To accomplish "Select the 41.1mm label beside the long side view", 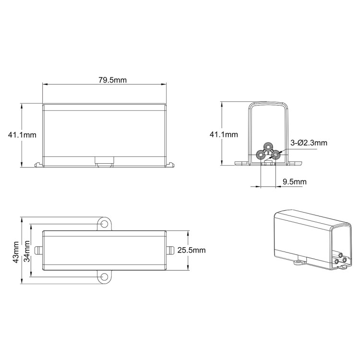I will [22, 135].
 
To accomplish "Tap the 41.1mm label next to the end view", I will [224, 135].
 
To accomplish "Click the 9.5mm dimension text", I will [294, 182].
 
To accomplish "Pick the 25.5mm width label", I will [191, 250].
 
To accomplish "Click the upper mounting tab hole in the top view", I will [105, 224].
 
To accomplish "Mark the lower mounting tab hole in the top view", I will [105, 277].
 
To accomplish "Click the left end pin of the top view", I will [38, 250].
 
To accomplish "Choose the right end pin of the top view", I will [171, 250].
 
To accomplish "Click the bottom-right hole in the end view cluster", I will [276, 154].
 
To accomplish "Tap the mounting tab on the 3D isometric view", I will [301, 261].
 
